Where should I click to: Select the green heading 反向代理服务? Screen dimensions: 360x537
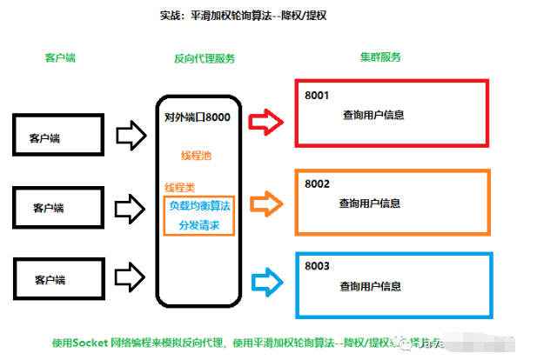pyautogui.click(x=205, y=58)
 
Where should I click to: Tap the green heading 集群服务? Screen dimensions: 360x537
pyautogui.click(x=380, y=57)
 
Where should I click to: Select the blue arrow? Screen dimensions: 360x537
pyautogui.click(x=265, y=280)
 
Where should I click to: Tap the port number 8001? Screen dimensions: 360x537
pyautogui.click(x=315, y=94)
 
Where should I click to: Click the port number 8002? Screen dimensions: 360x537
pyautogui.click(x=315, y=183)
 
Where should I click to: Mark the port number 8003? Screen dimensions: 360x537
pyautogui.click(x=315, y=264)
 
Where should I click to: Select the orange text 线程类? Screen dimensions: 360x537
pyautogui.click(x=180, y=188)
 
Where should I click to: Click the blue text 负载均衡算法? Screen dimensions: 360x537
pyautogui.click(x=198, y=206)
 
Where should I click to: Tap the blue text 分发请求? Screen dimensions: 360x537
pyautogui.click(x=198, y=224)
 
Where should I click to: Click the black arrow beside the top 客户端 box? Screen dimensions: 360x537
pyautogui.click(x=131, y=134)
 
